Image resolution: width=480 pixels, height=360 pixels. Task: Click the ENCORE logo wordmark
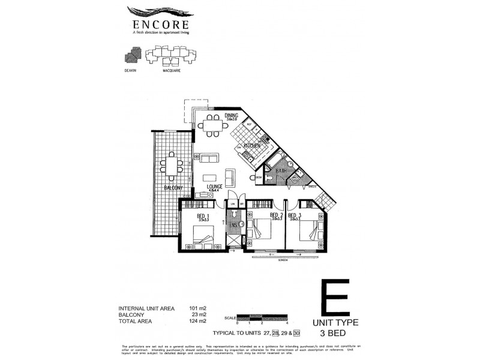pos(159,25)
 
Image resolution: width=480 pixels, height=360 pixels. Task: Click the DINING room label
pos(232,116)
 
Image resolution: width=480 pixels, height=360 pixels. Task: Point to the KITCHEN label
pos(251,146)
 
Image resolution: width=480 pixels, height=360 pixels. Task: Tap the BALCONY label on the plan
pos(173,188)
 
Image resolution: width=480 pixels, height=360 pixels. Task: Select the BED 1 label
pos(202,215)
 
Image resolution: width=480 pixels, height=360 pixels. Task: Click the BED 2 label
pos(276,215)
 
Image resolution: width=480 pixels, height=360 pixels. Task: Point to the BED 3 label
pos(294,215)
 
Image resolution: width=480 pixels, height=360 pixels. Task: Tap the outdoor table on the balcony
pos(172,166)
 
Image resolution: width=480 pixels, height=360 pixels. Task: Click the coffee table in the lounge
pos(209,178)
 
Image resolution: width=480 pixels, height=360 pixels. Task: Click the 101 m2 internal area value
pos(198,308)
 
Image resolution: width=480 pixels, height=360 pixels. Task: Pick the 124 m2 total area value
pos(198,321)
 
